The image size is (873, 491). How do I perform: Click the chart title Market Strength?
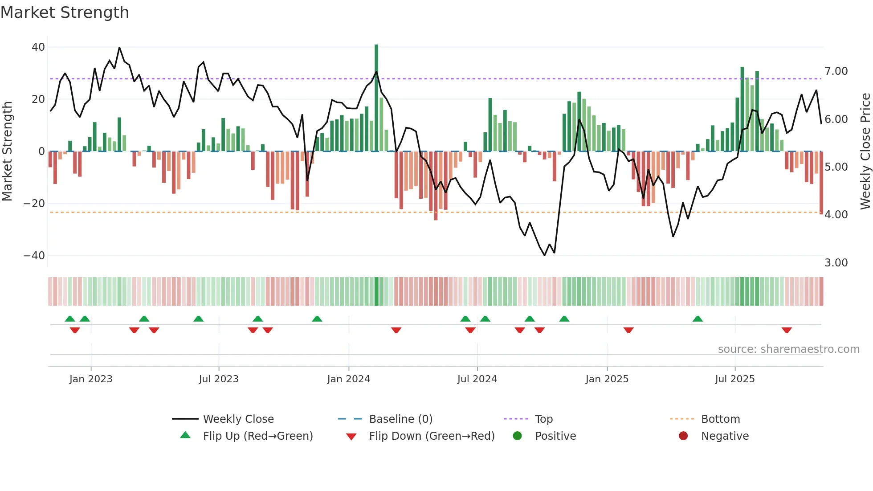(65, 12)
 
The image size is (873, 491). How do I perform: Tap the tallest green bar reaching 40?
(376, 98)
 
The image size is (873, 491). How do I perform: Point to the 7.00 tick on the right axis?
(836, 71)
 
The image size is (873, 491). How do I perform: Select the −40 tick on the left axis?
(34, 256)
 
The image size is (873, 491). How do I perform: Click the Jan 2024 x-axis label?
(348, 379)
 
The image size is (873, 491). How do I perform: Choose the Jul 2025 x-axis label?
(735, 379)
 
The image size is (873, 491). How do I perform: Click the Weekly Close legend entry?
(238, 419)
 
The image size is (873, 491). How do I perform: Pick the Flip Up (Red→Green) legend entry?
(258, 436)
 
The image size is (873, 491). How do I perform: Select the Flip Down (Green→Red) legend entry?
(432, 436)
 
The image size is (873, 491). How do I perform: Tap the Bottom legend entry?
(720, 419)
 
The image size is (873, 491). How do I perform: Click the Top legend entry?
(543, 419)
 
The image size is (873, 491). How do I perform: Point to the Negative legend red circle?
(683, 436)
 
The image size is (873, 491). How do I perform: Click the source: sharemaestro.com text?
(788, 349)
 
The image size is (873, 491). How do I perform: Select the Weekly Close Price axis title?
(865, 151)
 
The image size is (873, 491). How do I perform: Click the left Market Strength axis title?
(7, 151)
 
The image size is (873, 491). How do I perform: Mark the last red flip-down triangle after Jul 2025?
(787, 330)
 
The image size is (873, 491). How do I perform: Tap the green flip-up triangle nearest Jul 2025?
(698, 319)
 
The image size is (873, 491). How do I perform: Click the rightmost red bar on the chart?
(821, 183)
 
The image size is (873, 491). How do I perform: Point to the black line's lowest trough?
(544, 255)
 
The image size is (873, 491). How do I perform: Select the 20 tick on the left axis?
(38, 99)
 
